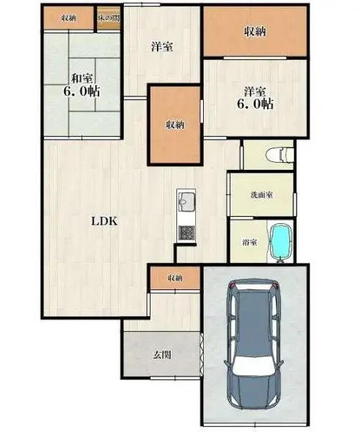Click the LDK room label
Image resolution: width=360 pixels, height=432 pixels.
coord(104,221)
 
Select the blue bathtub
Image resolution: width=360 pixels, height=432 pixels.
coord(280,243)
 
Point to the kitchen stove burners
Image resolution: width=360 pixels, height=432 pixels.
coord(186,233)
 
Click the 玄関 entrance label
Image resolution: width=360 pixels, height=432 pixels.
coord(162,354)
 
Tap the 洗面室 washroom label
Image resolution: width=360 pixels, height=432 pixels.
coord(261,195)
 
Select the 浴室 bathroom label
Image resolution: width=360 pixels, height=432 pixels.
coord(250,243)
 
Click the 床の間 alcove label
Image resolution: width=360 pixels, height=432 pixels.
coord(109,18)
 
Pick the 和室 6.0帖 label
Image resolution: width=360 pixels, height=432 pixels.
coord(82,85)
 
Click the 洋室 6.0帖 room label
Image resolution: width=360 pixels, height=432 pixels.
coord(256,98)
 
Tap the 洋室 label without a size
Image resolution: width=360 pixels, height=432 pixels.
coord(162,47)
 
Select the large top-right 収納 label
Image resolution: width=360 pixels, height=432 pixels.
coord(255,32)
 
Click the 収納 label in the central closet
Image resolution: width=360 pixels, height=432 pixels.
coord(175,125)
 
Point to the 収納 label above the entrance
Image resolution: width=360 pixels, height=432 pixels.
coord(175,278)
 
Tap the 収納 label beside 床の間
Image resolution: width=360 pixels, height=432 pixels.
coord(68,18)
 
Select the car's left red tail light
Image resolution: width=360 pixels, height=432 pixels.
coord(233,286)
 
